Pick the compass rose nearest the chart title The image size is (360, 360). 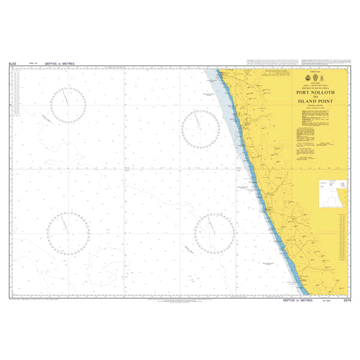coord(200,128)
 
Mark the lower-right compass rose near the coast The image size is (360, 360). coord(214,233)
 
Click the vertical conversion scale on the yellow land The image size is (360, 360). coord(341,240)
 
